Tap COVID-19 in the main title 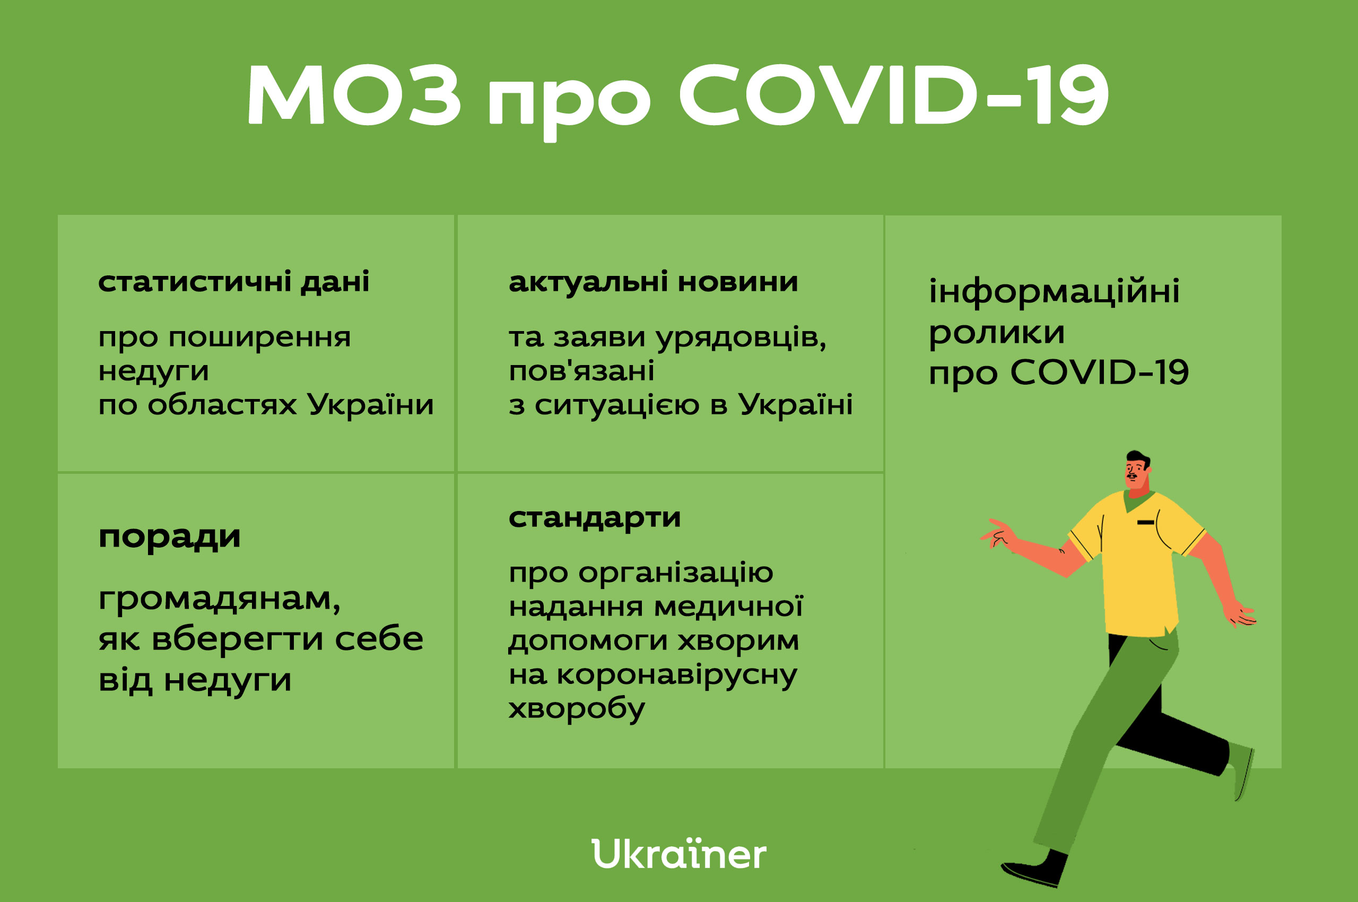click(893, 94)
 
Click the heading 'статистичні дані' click(233, 282)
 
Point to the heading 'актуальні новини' click(654, 282)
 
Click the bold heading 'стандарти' click(595, 518)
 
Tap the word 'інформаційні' click(1054, 291)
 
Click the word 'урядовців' click(742, 337)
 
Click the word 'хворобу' click(576, 709)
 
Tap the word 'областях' click(223, 404)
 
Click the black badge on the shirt click(1146, 522)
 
